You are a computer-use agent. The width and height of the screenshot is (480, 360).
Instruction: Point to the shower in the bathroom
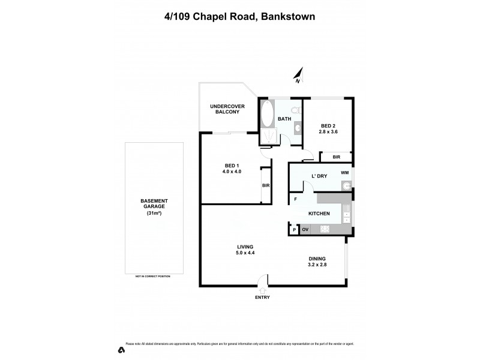click(x=268, y=137)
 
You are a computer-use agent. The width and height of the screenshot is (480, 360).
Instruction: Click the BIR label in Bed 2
click(x=337, y=157)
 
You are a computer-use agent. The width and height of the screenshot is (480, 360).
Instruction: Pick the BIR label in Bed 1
click(x=266, y=185)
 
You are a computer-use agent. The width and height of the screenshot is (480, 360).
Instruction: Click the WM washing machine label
click(x=344, y=173)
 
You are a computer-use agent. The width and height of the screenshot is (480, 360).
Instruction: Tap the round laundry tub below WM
click(x=345, y=186)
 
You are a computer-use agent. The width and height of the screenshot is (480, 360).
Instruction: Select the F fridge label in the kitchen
click(x=295, y=199)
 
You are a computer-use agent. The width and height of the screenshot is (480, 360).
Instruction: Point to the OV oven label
click(x=305, y=229)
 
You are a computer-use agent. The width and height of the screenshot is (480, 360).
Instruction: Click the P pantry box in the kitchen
click(x=294, y=229)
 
